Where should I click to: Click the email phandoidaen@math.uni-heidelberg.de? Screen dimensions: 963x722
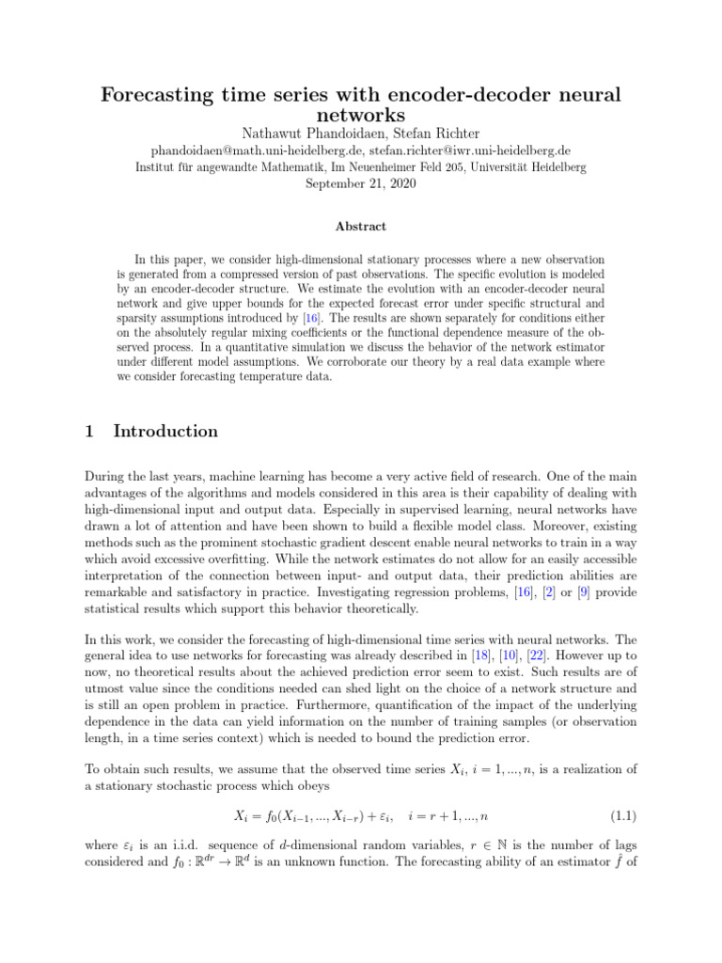pyautogui.click(x=257, y=150)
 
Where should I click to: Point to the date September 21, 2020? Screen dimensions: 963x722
pyautogui.click(x=360, y=184)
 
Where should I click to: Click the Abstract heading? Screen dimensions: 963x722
pyautogui.click(x=360, y=227)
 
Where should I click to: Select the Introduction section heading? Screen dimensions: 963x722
pyautogui.click(x=165, y=432)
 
